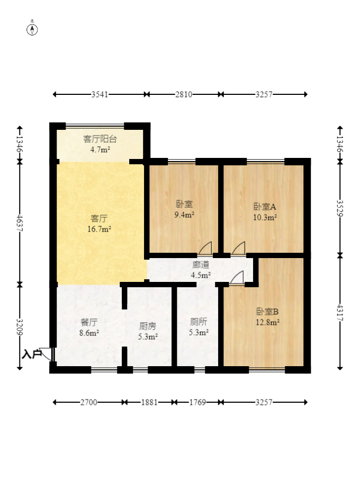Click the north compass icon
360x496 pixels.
click(32, 29)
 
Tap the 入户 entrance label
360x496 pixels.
click(32, 354)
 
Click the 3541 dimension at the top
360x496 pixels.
click(100, 95)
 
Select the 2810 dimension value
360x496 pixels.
click(183, 95)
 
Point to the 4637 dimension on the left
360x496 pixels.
click(20, 223)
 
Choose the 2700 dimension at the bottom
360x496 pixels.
click(88, 402)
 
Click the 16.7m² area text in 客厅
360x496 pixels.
click(100, 229)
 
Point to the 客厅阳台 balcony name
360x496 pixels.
click(100, 139)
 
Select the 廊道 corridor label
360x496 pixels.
click(201, 265)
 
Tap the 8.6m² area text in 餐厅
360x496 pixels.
click(89, 333)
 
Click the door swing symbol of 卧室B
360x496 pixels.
click(236, 277)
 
